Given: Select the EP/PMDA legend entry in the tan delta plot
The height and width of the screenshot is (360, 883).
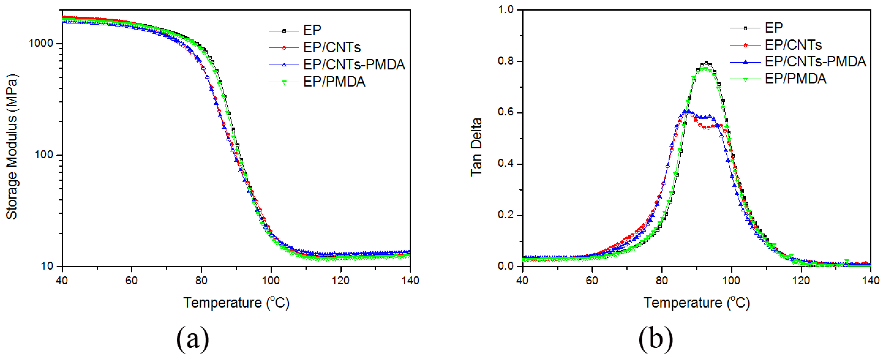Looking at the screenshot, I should click(795, 79).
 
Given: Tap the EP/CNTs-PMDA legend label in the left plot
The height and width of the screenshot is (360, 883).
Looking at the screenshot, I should click(354, 65).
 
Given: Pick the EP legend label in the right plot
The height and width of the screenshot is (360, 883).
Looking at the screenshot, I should click(774, 27).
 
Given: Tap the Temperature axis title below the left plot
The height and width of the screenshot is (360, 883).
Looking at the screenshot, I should click(236, 303).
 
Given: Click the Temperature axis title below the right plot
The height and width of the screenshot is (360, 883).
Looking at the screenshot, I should click(697, 303).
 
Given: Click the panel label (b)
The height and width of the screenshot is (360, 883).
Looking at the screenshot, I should click(655, 339).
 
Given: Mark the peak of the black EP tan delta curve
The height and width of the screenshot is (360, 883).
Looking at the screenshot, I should click(706, 63).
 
